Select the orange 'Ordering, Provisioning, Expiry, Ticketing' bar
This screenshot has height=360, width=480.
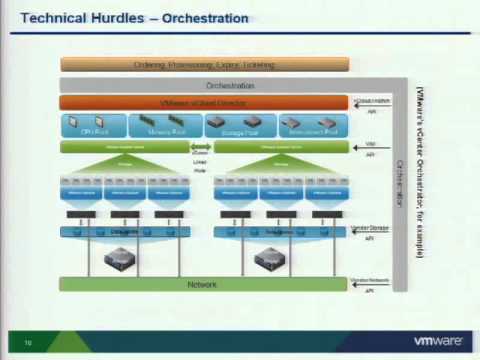tap(204, 65)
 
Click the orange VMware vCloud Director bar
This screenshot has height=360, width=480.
tap(204, 103)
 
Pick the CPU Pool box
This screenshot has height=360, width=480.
tap(93, 125)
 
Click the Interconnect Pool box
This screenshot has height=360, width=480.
tap(310, 125)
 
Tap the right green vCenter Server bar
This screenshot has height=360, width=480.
tap(280, 146)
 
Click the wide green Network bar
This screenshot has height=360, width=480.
tap(204, 284)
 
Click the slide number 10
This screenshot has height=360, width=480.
tap(28, 341)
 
